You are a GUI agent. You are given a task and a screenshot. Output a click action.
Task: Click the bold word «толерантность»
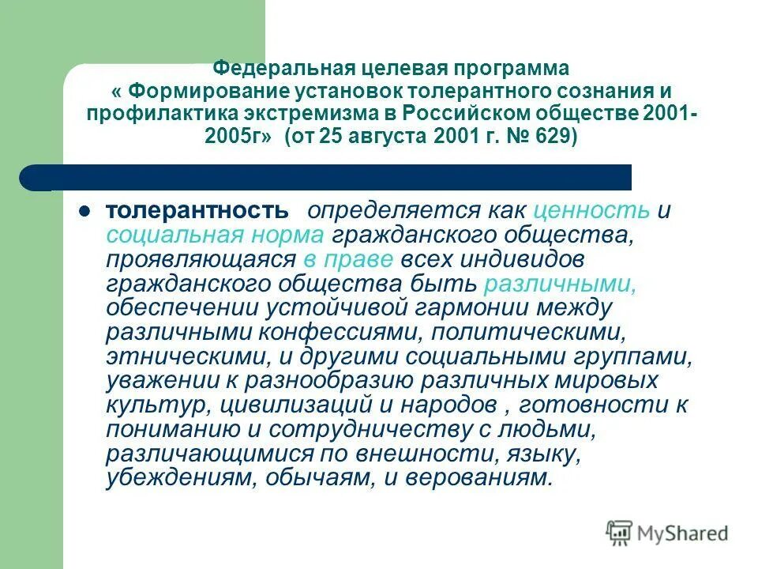pos(197,211)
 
